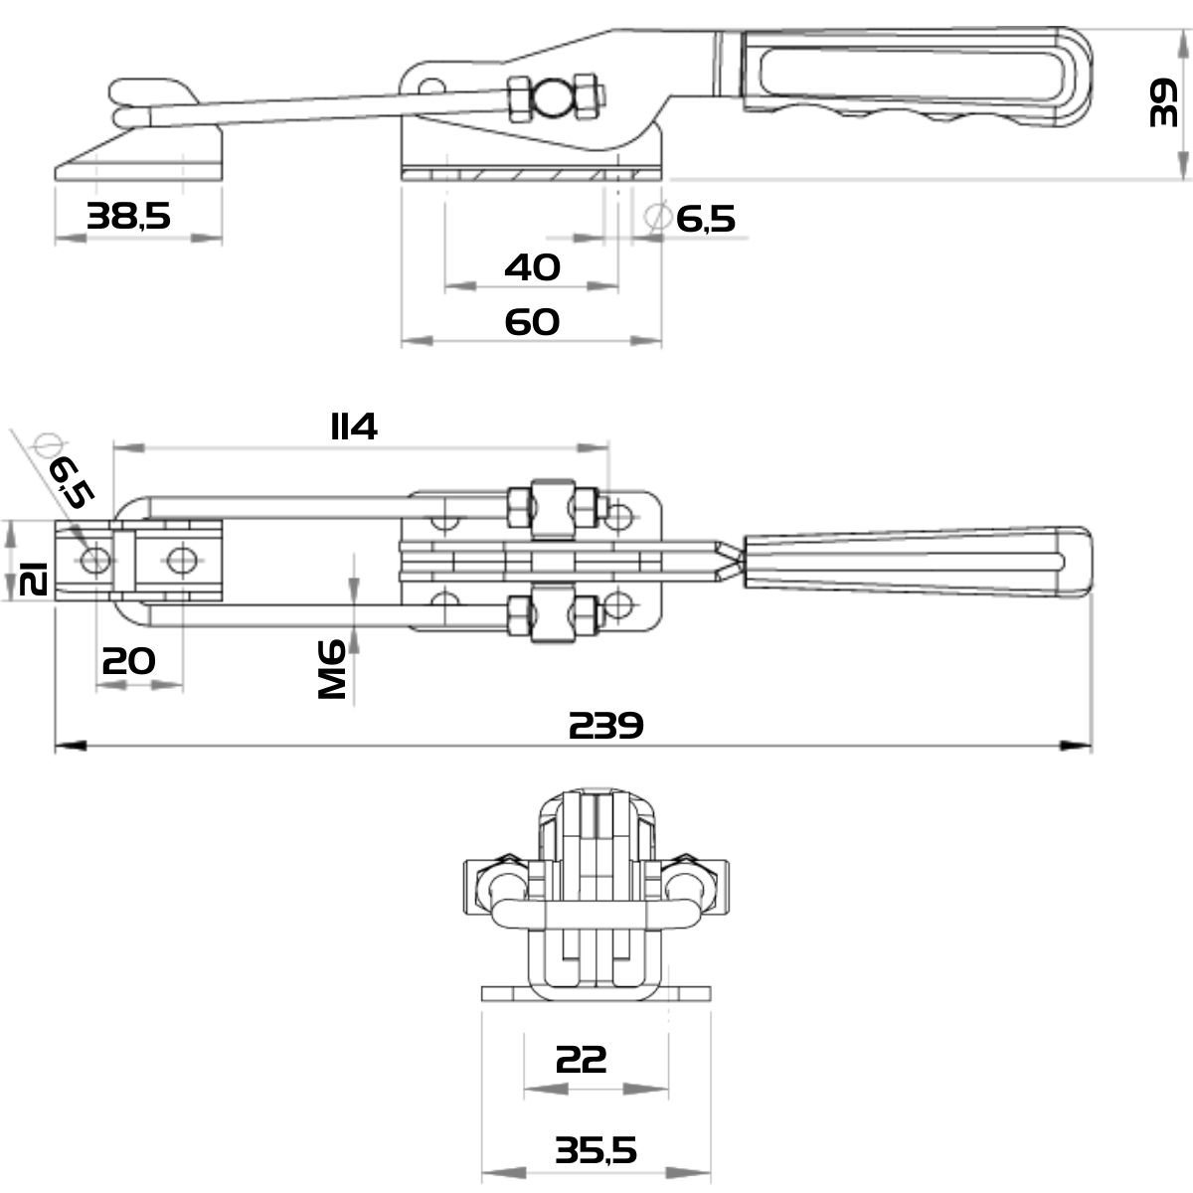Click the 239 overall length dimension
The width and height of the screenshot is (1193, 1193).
pyautogui.click(x=606, y=725)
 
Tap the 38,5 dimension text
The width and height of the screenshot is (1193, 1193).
pyautogui.click(x=128, y=215)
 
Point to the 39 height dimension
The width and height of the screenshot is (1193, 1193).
pyautogui.click(x=1162, y=102)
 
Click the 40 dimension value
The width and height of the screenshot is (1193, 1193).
pyautogui.click(x=533, y=266)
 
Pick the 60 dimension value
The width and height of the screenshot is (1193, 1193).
pyautogui.click(x=533, y=321)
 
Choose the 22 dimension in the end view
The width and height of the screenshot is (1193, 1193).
pyautogui.click(x=582, y=1059)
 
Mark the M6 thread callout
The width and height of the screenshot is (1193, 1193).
pyautogui.click(x=332, y=669)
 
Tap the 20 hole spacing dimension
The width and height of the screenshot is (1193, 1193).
pyautogui.click(x=129, y=659)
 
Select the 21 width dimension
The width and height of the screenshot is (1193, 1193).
pyautogui.click(x=34, y=576)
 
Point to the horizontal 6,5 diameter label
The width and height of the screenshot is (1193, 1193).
pyautogui.click(x=706, y=218)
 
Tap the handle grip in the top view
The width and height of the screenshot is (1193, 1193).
pyautogui.click(x=915, y=564)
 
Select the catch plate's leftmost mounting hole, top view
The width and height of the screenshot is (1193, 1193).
pyautogui.click(x=96, y=560)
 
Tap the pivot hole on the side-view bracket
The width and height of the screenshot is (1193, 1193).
pyautogui.click(x=430, y=85)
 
